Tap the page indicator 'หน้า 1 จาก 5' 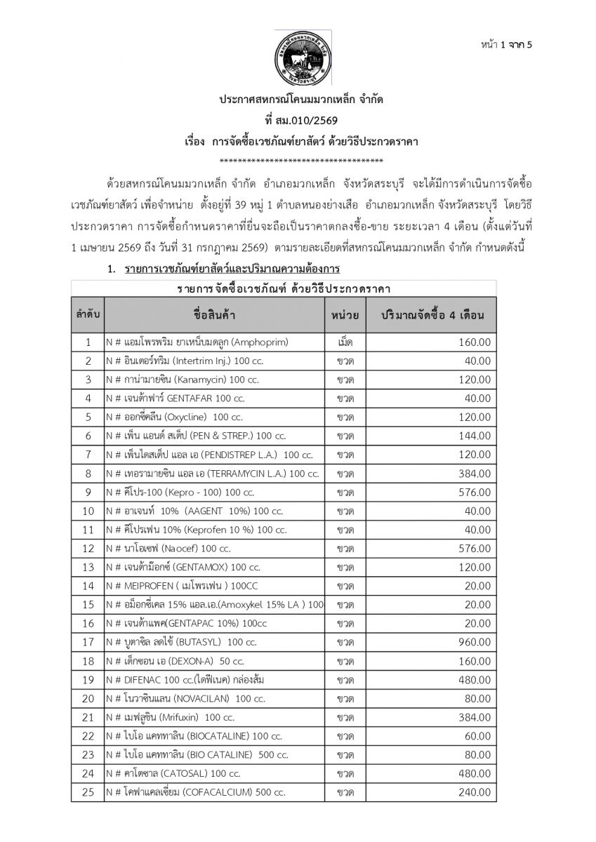pyautogui.click(x=507, y=45)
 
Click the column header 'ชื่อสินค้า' pyautogui.click(x=214, y=316)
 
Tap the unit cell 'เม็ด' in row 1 pyautogui.click(x=345, y=342)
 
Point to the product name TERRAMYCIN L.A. pyautogui.click(x=212, y=474)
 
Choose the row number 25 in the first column pyautogui.click(x=88, y=792)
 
